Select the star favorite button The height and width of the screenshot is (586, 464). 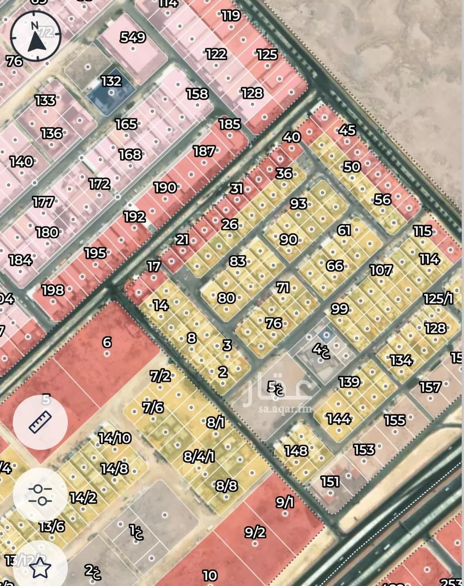coord(40,567)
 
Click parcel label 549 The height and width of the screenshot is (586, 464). coord(133,37)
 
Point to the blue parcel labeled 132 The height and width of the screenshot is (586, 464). coord(111,88)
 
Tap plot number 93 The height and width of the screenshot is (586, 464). coord(298,203)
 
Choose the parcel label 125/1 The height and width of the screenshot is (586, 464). coord(438,298)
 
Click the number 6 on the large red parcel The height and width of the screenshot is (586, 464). coord(107,342)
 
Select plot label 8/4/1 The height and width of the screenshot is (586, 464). coord(199,456)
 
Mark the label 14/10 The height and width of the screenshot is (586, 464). coord(115,438)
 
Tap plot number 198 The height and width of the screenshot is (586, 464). coord(52,290)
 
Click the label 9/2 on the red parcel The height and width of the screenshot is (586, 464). coord(255,532)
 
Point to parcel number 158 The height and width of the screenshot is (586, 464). coord(197,94)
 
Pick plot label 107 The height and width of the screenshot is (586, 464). coord(381,270)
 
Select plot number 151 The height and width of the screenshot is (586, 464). coord(330,482)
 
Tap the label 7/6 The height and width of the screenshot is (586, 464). coord(153,407)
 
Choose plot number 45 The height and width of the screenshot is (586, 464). coord(347,130)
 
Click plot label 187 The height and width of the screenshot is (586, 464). coord(204,151)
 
